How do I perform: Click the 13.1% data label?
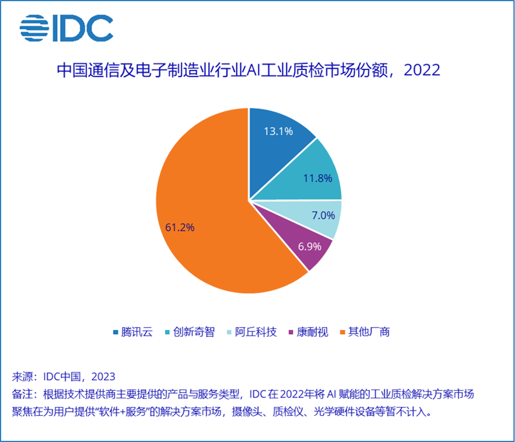(x=278, y=131)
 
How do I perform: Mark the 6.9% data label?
(x=309, y=247)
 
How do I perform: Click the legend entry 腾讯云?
(x=137, y=332)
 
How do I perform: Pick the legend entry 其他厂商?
(x=369, y=332)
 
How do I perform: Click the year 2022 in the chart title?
(x=422, y=70)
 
